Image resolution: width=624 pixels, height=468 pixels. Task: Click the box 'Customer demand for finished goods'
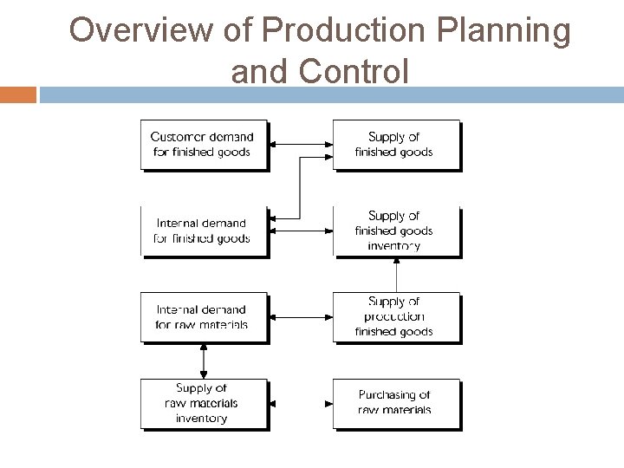click(x=203, y=144)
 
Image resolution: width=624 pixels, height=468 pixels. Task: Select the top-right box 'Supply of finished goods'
click(x=395, y=144)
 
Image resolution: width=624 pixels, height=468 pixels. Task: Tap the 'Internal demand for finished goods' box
click(x=203, y=231)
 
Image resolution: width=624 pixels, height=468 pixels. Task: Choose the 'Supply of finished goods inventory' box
click(x=395, y=231)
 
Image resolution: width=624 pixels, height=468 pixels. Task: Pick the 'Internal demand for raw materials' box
click(x=203, y=317)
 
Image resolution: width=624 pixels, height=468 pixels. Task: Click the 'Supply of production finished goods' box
click(x=395, y=317)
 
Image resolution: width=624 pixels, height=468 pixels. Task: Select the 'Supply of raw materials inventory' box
click(x=203, y=403)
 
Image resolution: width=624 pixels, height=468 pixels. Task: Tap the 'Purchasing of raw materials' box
click(x=395, y=403)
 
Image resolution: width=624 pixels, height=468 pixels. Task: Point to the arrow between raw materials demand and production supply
click(x=300, y=317)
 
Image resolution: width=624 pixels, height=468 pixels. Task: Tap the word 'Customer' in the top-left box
click(x=178, y=137)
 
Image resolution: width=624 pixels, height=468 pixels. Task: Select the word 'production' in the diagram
click(x=395, y=317)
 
